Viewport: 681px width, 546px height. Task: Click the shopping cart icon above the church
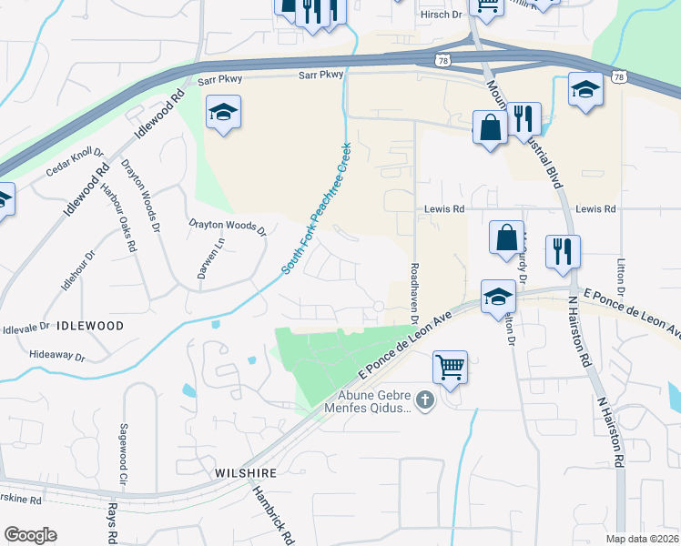click(x=450, y=369)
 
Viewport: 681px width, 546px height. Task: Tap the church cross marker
click(x=423, y=399)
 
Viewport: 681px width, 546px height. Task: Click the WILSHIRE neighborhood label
click(x=245, y=473)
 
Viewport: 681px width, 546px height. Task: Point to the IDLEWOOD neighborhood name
click(x=90, y=325)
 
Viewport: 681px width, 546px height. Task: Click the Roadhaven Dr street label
click(x=414, y=294)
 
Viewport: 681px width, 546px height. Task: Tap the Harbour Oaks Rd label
click(x=119, y=217)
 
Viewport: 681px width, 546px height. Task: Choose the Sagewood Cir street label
click(x=123, y=452)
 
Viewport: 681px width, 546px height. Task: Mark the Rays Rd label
click(x=113, y=523)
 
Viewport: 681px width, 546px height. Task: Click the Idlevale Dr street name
click(x=25, y=327)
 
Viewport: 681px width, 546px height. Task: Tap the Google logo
click(x=30, y=535)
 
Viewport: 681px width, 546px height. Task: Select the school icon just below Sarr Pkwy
click(x=223, y=113)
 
